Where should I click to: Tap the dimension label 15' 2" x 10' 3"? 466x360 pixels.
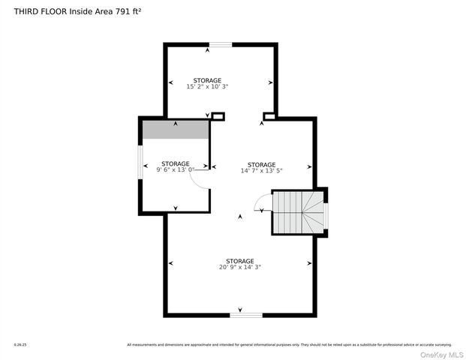click(x=207, y=87)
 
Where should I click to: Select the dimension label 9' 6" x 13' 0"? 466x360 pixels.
click(x=175, y=170)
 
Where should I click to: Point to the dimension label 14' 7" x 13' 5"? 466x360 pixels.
click(x=261, y=171)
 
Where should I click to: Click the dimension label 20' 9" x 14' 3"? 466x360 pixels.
click(x=240, y=267)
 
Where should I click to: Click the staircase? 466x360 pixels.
click(x=299, y=212)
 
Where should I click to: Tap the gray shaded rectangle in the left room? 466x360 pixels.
click(x=176, y=129)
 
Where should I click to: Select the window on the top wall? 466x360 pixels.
click(x=220, y=45)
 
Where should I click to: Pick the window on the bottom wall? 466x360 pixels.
click(x=241, y=314)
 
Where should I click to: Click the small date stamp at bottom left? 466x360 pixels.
click(x=20, y=345)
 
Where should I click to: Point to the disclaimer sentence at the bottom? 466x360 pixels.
click(x=289, y=345)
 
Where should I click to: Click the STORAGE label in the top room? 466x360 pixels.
click(x=207, y=80)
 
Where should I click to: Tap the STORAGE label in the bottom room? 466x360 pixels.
click(x=240, y=261)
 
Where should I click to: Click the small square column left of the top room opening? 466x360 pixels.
click(x=218, y=116)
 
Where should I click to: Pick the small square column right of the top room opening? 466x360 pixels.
click(x=269, y=116)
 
